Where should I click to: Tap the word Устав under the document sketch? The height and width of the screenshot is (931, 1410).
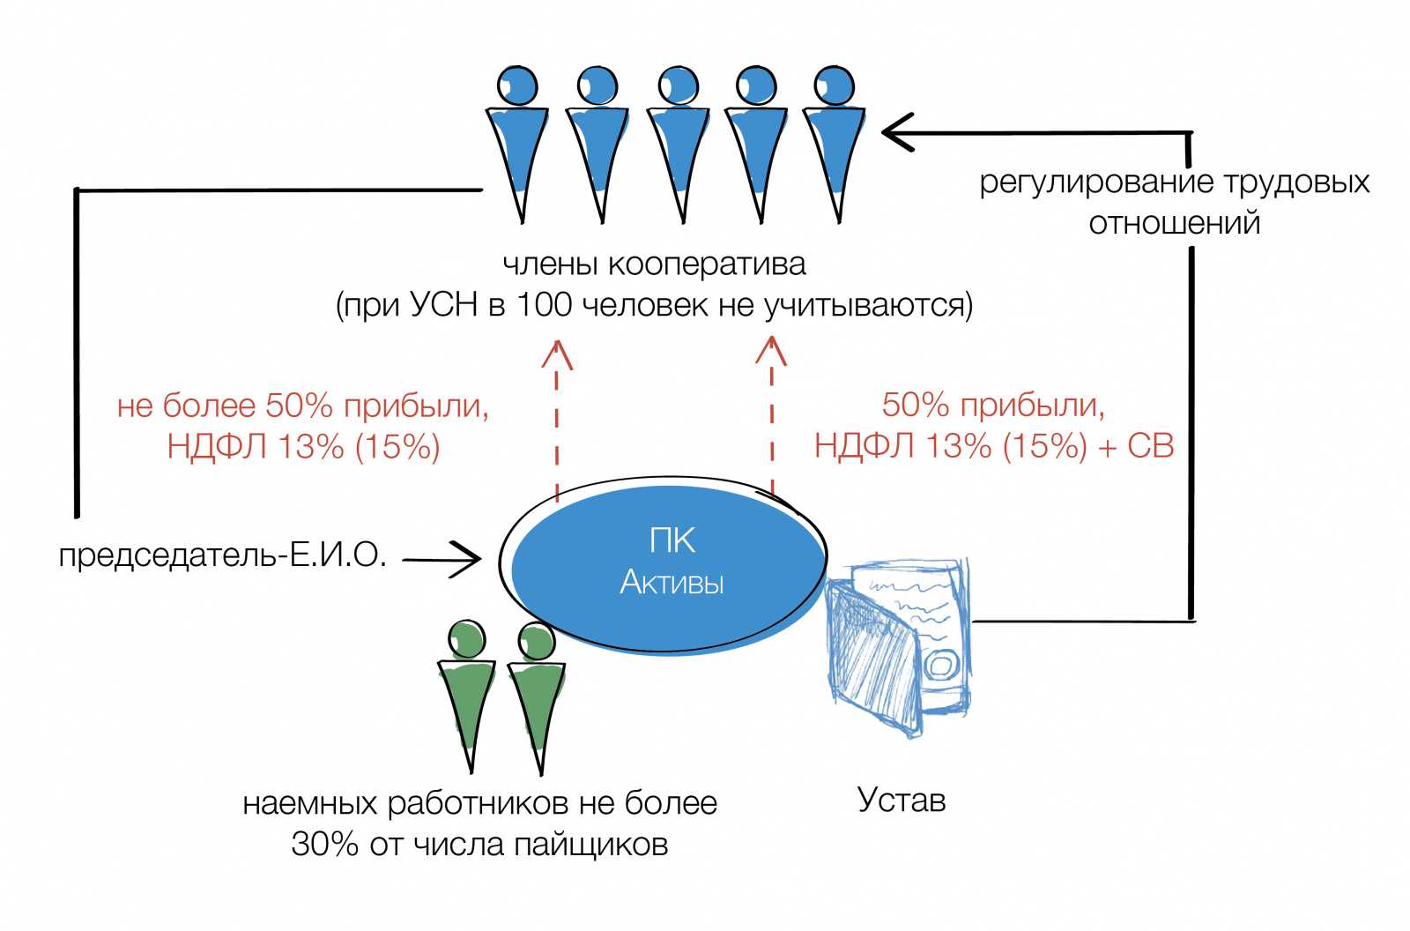[901, 801]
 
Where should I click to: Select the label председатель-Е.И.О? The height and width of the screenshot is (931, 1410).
[223, 555]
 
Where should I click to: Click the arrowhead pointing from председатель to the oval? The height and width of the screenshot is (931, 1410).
[471, 558]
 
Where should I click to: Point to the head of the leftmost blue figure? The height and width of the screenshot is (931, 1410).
[517, 86]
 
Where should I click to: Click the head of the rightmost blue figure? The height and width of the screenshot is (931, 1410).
[834, 86]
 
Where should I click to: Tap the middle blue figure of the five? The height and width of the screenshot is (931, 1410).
[679, 141]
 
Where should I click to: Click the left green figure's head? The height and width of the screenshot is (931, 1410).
[465, 640]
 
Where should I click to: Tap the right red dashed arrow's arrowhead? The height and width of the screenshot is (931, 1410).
[771, 350]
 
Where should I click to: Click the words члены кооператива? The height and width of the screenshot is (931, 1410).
[654, 264]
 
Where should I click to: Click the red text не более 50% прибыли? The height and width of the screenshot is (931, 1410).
[302, 406]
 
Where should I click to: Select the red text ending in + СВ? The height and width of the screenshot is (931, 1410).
[993, 446]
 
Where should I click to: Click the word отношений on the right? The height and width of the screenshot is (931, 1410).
[1174, 223]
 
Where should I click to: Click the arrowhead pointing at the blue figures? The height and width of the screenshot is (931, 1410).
[895, 133]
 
